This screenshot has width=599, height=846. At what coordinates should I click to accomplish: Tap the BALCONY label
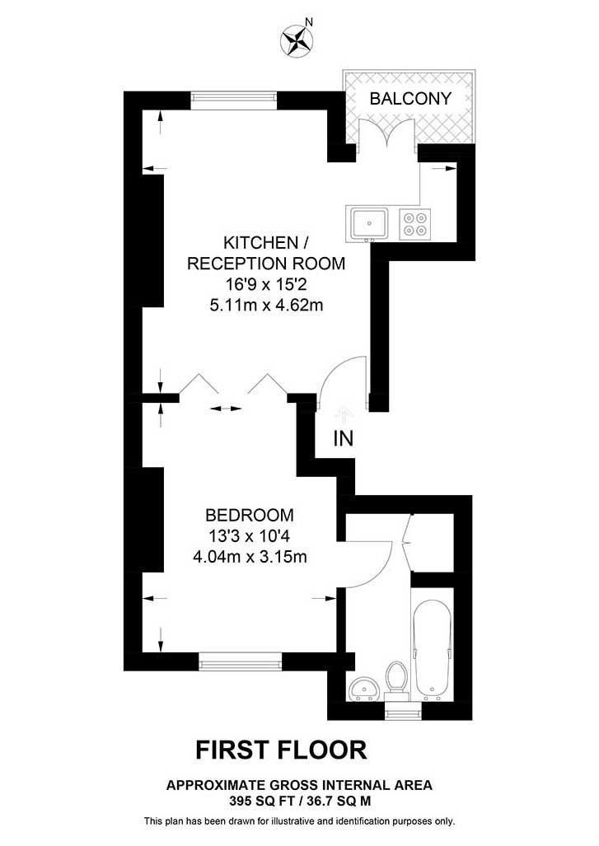(410, 98)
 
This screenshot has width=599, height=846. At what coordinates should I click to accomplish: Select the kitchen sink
(369, 224)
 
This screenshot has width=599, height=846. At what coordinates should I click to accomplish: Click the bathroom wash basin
(364, 689)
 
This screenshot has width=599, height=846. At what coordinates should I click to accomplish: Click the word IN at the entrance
(344, 438)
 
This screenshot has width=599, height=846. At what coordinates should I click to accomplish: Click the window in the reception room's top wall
(234, 100)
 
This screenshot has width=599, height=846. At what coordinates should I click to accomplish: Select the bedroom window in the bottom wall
(241, 661)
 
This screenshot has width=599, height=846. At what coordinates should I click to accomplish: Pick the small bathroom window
(404, 712)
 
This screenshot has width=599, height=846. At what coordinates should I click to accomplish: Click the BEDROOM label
(250, 516)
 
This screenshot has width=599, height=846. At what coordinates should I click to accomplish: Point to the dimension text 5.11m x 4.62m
(267, 306)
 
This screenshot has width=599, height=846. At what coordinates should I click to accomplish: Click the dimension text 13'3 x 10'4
(250, 535)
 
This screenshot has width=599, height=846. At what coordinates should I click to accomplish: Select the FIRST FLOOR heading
(281, 750)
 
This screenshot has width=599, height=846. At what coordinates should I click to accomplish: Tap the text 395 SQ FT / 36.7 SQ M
(300, 802)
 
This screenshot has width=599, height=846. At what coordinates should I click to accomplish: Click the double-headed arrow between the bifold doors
(226, 409)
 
